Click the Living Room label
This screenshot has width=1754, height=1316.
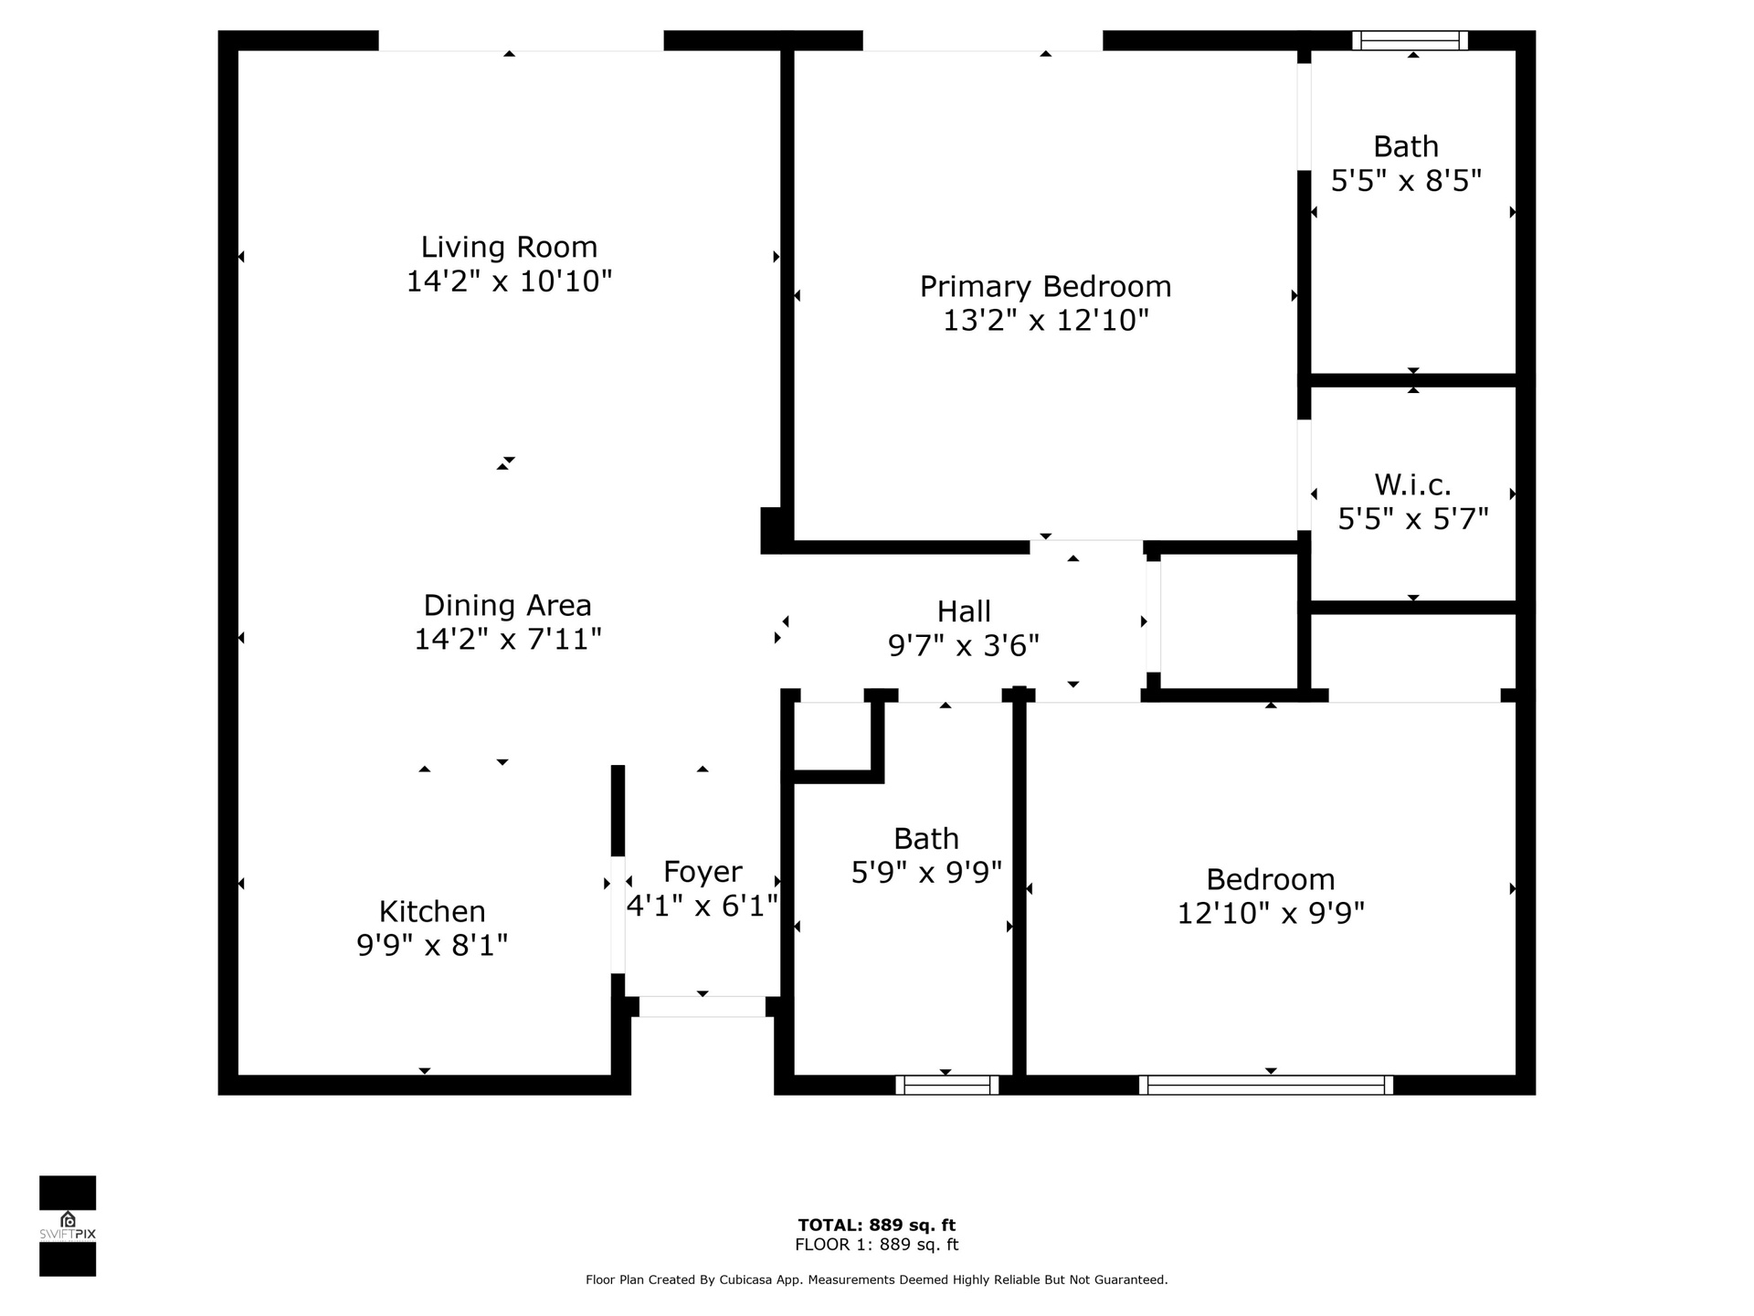[509, 247]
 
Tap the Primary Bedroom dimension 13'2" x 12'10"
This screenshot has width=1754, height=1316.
[1045, 321]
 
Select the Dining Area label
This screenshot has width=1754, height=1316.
[508, 605]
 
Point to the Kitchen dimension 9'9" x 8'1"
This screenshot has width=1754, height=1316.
[432, 945]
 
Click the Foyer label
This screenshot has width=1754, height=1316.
[703, 872]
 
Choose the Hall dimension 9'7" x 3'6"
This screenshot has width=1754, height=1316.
[964, 646]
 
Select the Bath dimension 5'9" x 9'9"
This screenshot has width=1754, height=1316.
[926, 873]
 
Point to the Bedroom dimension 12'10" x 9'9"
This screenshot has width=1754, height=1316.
[1271, 913]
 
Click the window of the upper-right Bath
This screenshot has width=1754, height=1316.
[1410, 40]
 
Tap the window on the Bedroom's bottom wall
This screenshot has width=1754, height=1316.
[1266, 1085]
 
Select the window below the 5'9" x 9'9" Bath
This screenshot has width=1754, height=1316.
[946, 1085]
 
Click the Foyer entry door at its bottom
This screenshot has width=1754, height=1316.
[702, 1006]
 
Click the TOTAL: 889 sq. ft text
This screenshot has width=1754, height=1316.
[877, 1226]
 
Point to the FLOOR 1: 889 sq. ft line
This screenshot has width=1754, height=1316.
[877, 1245]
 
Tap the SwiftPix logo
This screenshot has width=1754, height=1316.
[68, 1226]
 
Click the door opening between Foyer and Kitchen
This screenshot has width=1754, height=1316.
[618, 915]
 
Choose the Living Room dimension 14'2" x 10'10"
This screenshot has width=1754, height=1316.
[509, 281]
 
